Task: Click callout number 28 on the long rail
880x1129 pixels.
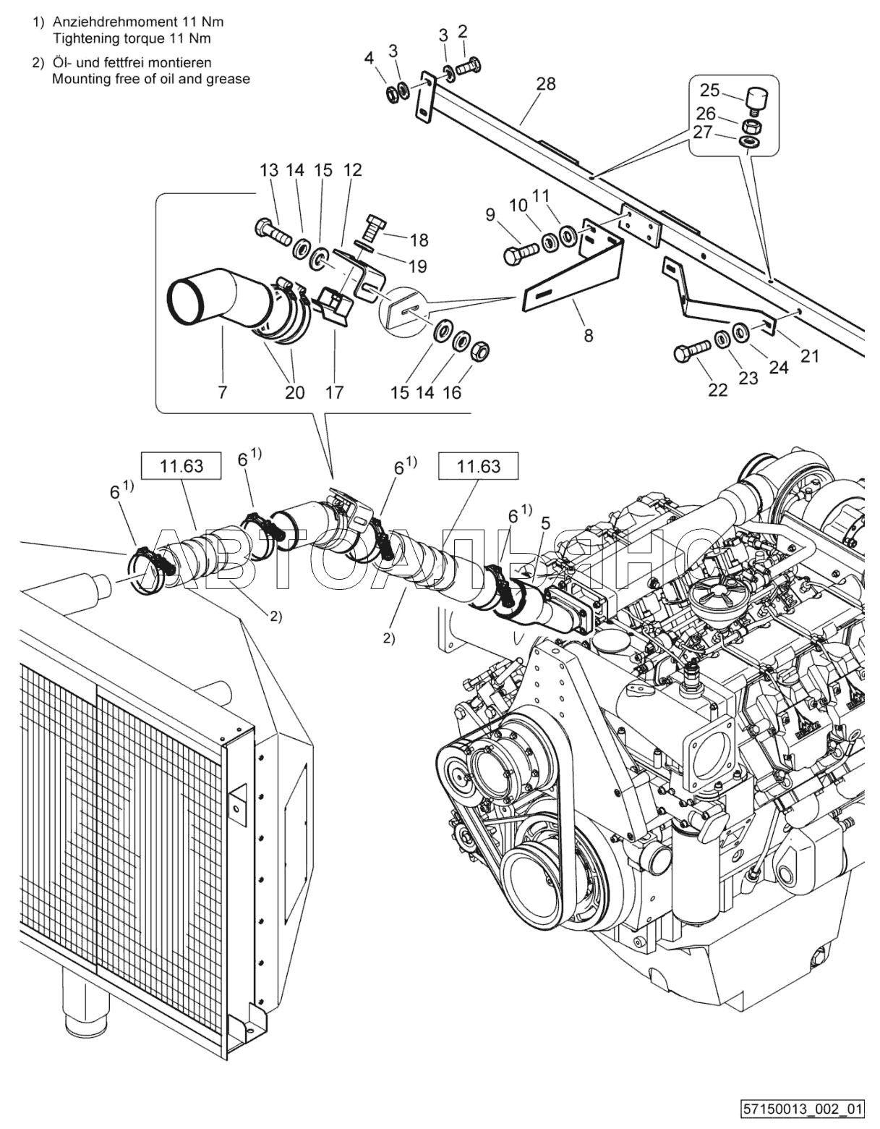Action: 546,84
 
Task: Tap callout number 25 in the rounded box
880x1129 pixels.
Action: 710,90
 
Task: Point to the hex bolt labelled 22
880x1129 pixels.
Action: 693,351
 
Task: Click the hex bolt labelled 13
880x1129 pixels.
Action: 273,232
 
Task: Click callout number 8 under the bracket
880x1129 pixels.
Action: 588,336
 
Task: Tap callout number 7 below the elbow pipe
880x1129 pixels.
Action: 223,392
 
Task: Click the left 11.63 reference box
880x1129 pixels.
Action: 181,465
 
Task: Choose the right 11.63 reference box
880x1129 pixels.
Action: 479,465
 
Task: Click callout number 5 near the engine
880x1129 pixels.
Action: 544,523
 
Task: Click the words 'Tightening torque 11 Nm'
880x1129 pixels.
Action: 132,38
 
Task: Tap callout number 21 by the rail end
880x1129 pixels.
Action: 809,356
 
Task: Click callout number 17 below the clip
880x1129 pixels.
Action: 335,392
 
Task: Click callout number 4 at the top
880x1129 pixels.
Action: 369,58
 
